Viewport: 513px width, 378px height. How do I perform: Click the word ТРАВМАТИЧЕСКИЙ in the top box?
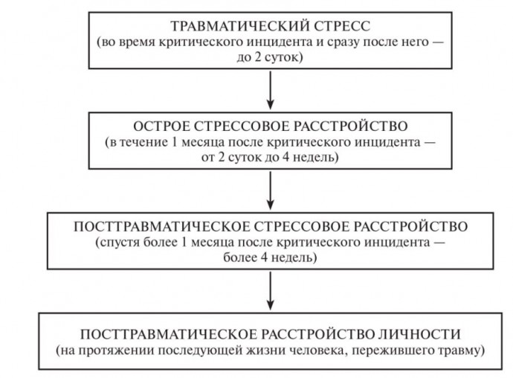[240, 26]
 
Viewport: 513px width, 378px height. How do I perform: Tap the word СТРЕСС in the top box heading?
[342, 26]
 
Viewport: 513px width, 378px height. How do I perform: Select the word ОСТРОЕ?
[161, 126]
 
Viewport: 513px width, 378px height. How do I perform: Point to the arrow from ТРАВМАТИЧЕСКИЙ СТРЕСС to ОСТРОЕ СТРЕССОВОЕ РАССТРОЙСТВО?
[270, 90]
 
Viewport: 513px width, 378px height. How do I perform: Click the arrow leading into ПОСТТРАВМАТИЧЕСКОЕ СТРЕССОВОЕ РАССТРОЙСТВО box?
[270, 190]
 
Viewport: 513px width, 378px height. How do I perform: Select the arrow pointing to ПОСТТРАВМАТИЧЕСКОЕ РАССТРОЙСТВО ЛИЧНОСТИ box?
[270, 291]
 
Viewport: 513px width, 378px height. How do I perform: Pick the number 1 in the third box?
[184, 243]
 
